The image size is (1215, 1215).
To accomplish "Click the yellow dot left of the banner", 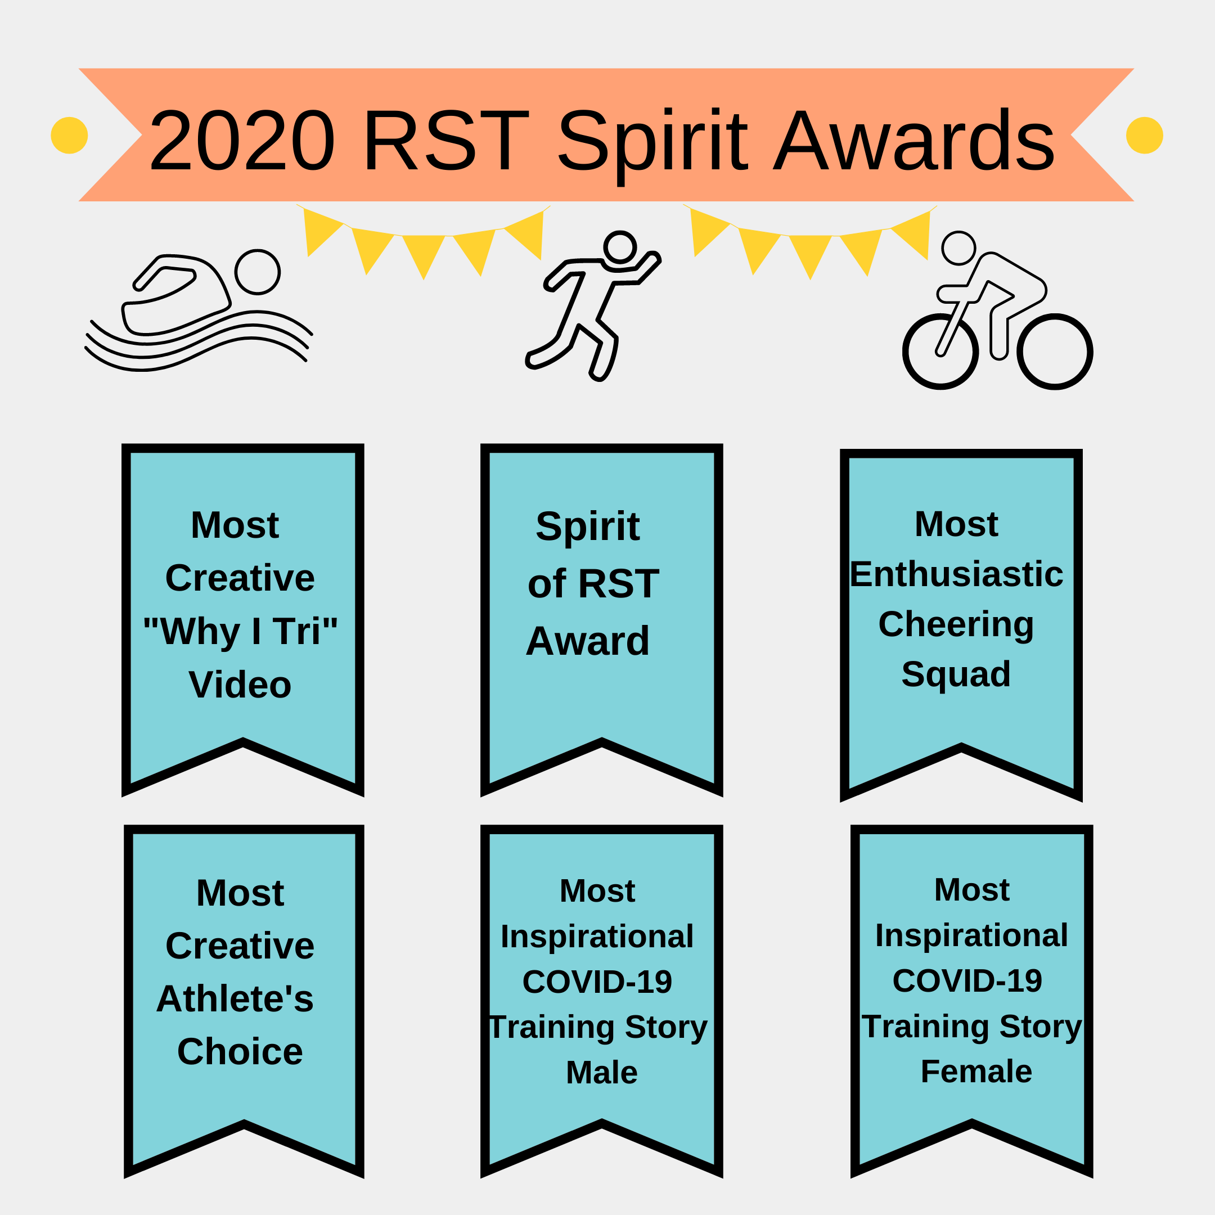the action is point(69,135).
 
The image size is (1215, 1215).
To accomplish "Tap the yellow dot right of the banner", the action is point(1145,135).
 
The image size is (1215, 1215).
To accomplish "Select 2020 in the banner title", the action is point(242,139).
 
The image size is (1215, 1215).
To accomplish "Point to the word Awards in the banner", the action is point(913,139).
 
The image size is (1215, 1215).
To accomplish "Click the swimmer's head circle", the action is point(258,272).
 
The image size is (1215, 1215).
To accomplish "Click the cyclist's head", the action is point(958,247).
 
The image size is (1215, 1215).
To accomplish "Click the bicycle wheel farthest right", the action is point(1055,352).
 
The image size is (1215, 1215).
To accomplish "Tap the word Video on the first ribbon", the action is point(240,685).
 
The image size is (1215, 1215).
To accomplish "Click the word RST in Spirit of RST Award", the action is point(618,584).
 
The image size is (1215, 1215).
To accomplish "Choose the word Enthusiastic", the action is point(956,574).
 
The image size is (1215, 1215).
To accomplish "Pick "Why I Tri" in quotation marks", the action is point(240,631).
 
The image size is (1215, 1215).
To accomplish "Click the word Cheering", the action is point(956,625).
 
